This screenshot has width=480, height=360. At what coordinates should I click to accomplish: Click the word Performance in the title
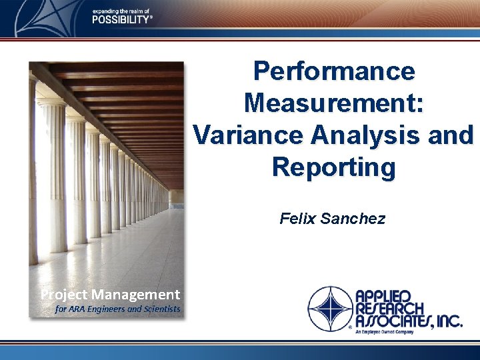[x=334, y=71]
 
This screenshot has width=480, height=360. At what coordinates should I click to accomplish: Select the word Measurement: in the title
[x=334, y=103]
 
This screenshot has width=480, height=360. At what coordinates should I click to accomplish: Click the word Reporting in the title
[x=333, y=167]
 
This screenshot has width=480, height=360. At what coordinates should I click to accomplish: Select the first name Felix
[x=298, y=218]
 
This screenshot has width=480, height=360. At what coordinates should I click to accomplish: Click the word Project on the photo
[x=64, y=294]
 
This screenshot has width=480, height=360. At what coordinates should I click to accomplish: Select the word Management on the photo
[x=136, y=294]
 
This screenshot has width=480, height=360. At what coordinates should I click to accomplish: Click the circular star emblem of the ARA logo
[x=329, y=308]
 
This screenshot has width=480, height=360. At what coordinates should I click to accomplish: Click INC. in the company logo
[x=447, y=322]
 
